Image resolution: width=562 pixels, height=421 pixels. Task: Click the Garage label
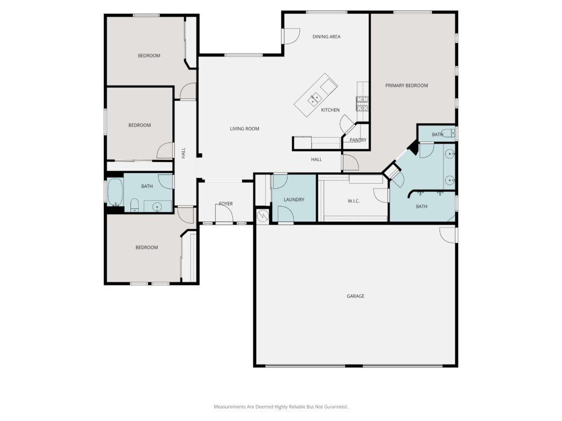355,296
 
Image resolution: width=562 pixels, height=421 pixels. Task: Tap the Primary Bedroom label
407,86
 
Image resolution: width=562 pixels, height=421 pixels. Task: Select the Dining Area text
326,37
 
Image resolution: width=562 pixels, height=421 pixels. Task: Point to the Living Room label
244,128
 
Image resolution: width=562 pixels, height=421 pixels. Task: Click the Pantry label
358,140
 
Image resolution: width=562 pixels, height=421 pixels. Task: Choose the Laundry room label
294,200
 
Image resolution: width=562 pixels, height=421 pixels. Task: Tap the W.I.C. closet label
353,201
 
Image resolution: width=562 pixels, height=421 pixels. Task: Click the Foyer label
226,204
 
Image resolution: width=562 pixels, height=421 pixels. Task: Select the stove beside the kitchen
362,104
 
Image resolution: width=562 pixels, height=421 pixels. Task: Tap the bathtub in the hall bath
115,192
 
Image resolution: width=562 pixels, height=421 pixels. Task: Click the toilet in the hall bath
134,205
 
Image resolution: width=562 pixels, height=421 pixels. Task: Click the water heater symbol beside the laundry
263,215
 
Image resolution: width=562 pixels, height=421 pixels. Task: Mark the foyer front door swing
224,214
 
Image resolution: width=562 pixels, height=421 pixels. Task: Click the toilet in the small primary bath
448,133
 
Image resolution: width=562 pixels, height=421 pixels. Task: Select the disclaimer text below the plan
280,407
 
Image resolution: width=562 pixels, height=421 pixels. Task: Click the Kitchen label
330,110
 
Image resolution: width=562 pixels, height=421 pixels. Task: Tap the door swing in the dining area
291,36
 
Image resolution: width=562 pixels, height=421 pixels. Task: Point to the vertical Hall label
183,153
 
